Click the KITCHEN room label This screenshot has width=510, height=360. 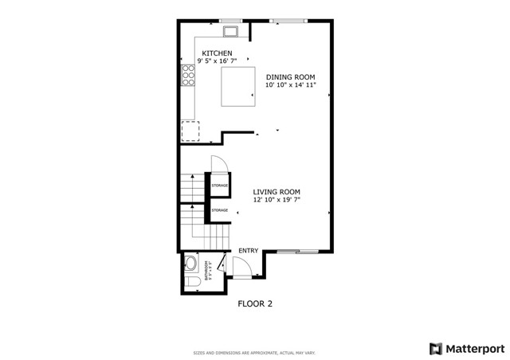[x=217, y=53]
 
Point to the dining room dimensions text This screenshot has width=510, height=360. [x=291, y=84]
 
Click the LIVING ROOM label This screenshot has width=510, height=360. [x=277, y=191]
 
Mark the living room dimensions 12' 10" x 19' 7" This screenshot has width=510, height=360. [x=277, y=200]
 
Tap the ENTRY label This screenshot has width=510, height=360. [x=248, y=251]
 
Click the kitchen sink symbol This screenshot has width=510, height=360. [x=232, y=32]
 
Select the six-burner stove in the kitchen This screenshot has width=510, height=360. [x=190, y=76]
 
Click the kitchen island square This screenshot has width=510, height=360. [x=237, y=85]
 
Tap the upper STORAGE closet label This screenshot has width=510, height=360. [x=219, y=186]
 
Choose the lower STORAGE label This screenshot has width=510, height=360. [x=219, y=210]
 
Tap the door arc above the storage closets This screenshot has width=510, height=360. [x=221, y=163]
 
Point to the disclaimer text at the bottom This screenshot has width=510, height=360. [x=254, y=353]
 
